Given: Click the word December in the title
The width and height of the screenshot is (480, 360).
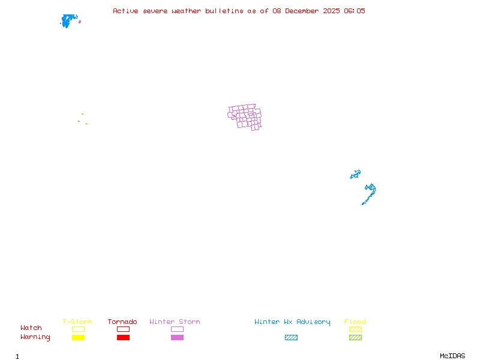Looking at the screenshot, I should pyautogui.click(x=302, y=11).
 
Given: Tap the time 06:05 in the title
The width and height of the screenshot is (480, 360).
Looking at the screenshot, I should pyautogui.click(x=354, y=11).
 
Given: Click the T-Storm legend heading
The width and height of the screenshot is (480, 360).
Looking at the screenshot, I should pyautogui.click(x=77, y=322).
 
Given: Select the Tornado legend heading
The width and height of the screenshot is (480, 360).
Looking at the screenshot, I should pyautogui.click(x=122, y=322).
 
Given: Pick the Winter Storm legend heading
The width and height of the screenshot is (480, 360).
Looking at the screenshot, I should pyautogui.click(x=175, y=322).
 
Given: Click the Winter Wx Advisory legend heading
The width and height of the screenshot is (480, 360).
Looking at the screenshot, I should pyautogui.click(x=292, y=322).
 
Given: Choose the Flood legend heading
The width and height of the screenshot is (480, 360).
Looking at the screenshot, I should pyautogui.click(x=355, y=322).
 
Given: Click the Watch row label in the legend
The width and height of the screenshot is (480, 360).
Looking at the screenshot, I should pyautogui.click(x=31, y=328).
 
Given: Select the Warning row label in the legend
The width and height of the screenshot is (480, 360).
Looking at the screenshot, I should pyautogui.click(x=35, y=337).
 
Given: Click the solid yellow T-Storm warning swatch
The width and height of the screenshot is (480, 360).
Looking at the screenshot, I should pyautogui.click(x=78, y=337).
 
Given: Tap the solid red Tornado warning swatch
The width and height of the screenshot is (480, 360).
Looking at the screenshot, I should pyautogui.click(x=123, y=337).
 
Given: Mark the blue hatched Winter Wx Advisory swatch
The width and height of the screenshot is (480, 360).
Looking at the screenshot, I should pyautogui.click(x=291, y=337).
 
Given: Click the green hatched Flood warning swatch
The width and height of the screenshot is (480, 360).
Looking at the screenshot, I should pyautogui.click(x=355, y=337).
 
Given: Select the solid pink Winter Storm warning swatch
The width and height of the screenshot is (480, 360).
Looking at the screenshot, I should pyautogui.click(x=177, y=337).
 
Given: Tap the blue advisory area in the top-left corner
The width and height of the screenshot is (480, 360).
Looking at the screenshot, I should pyautogui.click(x=68, y=21).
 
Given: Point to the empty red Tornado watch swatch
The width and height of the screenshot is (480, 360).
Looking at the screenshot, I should pyautogui.click(x=123, y=329).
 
